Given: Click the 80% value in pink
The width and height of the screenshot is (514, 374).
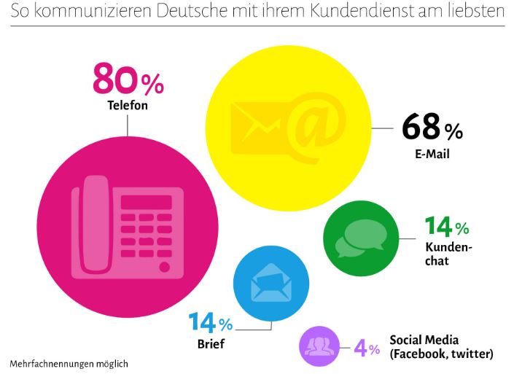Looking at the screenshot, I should pos(128,81).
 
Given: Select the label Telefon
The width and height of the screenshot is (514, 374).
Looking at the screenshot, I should pos(128,106).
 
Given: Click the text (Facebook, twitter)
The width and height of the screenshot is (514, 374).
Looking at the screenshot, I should pos(441,354).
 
